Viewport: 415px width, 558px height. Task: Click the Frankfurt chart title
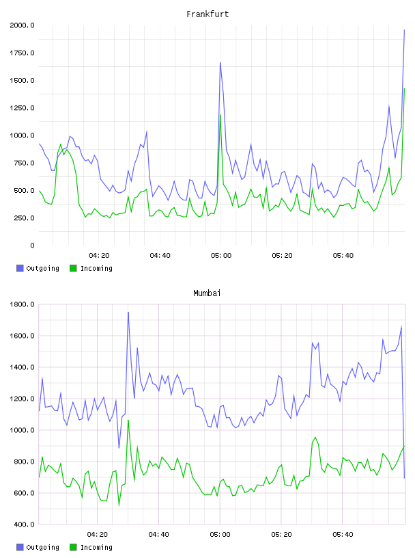click(x=207, y=14)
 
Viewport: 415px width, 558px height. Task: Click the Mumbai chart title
click(x=207, y=293)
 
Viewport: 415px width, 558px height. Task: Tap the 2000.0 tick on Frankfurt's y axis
click(x=22, y=25)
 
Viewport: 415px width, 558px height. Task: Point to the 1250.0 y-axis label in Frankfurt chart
click(x=22, y=108)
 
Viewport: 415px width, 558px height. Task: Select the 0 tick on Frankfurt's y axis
click(x=32, y=245)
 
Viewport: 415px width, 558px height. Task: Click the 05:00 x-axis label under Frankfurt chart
click(x=221, y=256)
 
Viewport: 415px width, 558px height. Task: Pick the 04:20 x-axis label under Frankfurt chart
click(x=99, y=256)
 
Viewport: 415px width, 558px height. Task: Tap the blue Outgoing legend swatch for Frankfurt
click(x=20, y=268)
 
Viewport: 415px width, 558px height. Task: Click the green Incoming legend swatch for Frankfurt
click(x=73, y=268)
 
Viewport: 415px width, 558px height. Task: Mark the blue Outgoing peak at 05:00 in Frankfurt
click(x=220, y=63)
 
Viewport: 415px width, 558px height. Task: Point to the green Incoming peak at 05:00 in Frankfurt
click(x=220, y=115)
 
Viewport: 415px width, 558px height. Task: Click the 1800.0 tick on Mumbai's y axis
click(x=22, y=304)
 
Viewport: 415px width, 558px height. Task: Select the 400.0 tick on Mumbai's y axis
click(x=24, y=524)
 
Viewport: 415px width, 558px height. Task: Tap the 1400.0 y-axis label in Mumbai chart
click(x=22, y=367)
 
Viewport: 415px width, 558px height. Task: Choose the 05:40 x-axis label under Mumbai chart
click(x=343, y=535)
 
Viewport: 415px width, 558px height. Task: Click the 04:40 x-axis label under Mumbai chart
click(x=159, y=535)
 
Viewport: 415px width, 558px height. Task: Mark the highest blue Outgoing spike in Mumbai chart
click(x=128, y=312)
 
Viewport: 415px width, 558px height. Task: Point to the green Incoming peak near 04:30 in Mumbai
click(x=128, y=421)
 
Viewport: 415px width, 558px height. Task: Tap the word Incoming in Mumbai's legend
click(x=96, y=547)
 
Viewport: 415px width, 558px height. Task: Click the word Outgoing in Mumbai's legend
click(x=42, y=547)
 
